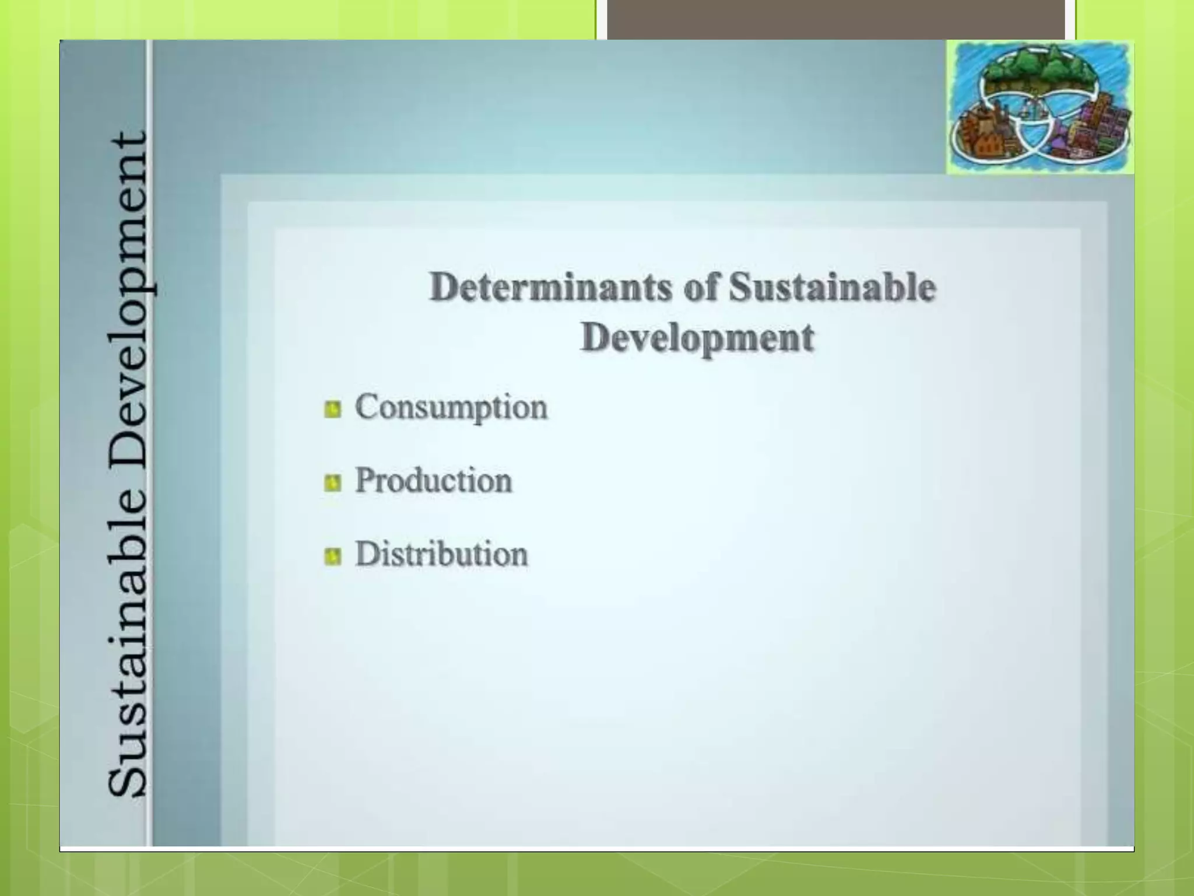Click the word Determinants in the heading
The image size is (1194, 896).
pyautogui.click(x=550, y=288)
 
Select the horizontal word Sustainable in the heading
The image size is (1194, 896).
pyautogui.click(x=833, y=288)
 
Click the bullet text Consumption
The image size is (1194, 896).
pyautogui.click(x=451, y=407)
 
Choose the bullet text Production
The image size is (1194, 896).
pyautogui.click(x=434, y=481)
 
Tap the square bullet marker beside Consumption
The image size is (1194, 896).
pyautogui.click(x=332, y=409)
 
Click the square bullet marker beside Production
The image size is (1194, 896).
pyautogui.click(x=332, y=483)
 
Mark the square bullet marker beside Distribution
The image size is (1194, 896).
pyautogui.click(x=332, y=556)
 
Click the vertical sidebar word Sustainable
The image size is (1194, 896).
pyautogui.click(x=128, y=647)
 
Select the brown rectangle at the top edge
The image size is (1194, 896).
pyautogui.click(x=836, y=19)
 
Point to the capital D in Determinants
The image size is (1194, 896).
pyautogui.click(x=446, y=287)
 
